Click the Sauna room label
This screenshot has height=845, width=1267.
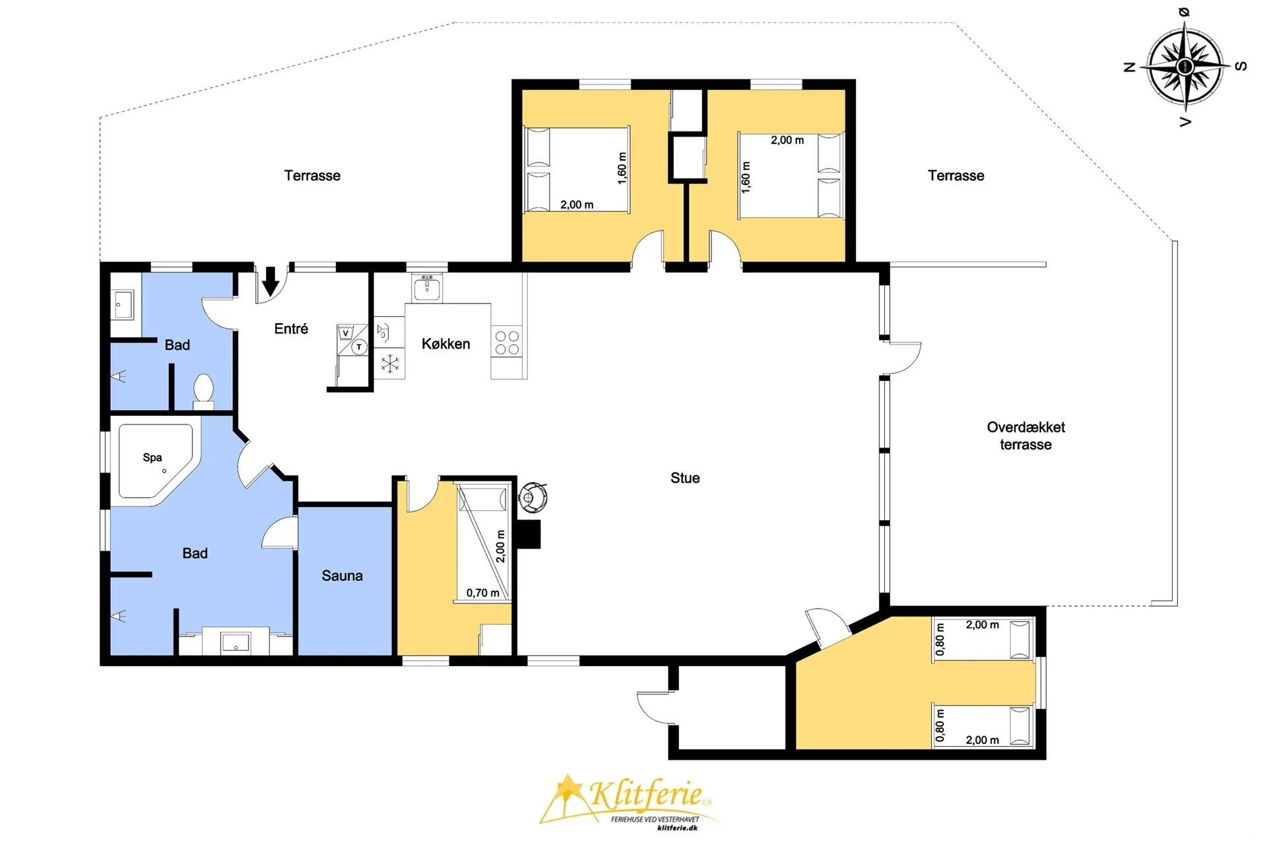(x=342, y=576)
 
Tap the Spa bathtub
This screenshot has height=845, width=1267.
(x=156, y=461)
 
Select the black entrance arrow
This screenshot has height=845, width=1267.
(x=271, y=281)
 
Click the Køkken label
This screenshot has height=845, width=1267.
(x=445, y=344)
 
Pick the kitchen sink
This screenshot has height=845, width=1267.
(x=427, y=288)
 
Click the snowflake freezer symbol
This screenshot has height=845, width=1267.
(x=390, y=363)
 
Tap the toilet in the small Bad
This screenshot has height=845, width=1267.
(x=203, y=389)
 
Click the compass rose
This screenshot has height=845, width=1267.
(x=1185, y=67)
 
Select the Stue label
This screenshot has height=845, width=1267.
(x=685, y=478)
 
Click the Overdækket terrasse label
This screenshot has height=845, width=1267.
(x=1025, y=436)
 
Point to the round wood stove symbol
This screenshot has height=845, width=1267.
(x=533, y=497)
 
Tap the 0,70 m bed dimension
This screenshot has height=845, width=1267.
(x=482, y=593)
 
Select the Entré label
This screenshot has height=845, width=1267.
(x=291, y=329)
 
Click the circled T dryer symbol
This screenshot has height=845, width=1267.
(x=359, y=347)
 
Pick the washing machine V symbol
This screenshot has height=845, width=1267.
(x=345, y=333)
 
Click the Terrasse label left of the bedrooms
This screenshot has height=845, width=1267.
(x=312, y=176)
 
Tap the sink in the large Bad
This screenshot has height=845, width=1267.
(x=236, y=642)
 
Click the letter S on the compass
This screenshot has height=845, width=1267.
(x=1241, y=66)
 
